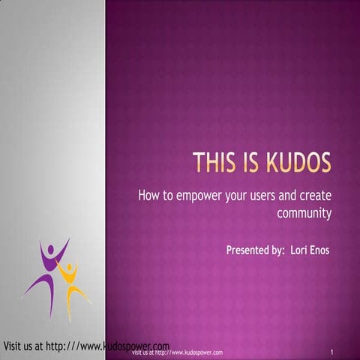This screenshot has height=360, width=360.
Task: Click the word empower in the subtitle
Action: pyautogui.click(x=202, y=196)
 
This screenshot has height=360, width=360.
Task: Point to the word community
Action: pyautogui.click(x=304, y=213)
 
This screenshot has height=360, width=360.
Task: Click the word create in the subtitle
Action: pyautogui.click(x=315, y=196)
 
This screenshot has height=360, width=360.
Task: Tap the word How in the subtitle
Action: pyautogui.click(x=148, y=196)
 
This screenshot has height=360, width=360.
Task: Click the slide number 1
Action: pyautogui.click(x=331, y=351)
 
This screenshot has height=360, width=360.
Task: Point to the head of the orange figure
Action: pyautogui.click(x=70, y=265)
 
